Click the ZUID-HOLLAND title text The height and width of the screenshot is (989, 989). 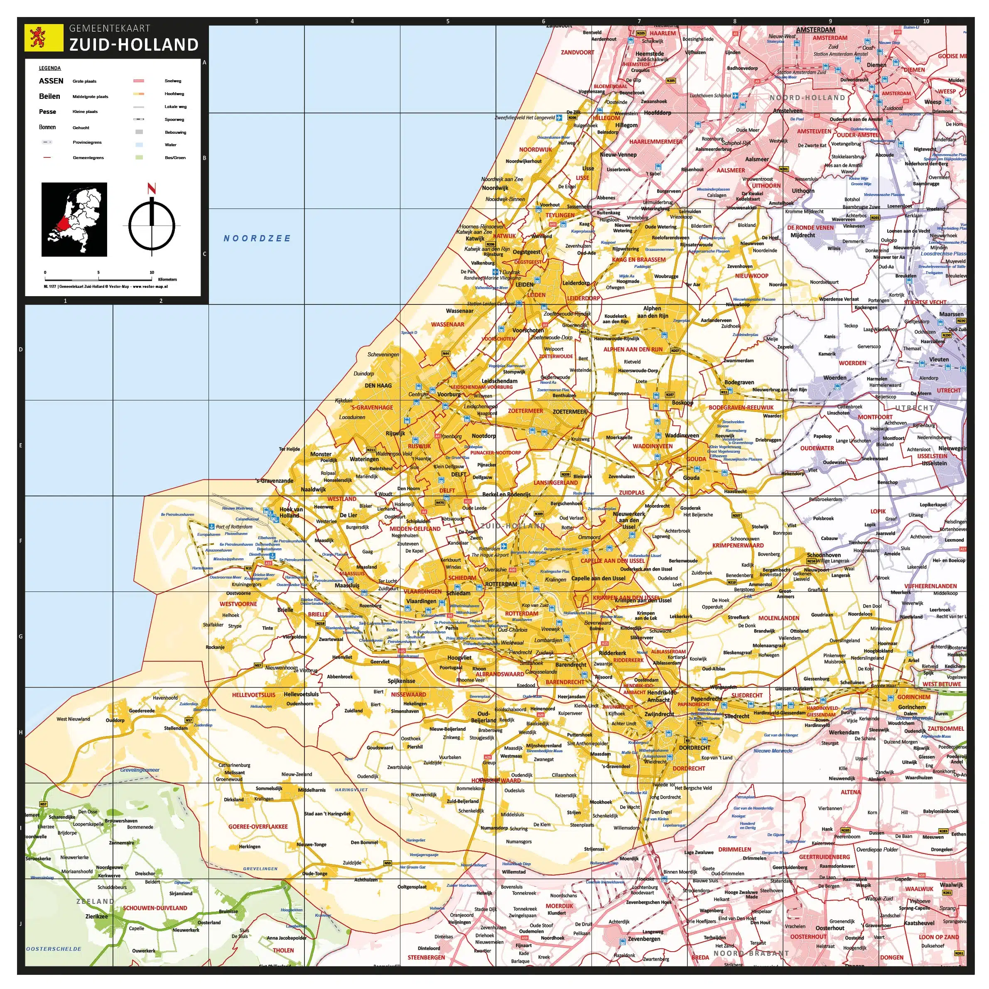pos(134,45)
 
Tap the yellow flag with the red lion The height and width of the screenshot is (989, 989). pos(37,38)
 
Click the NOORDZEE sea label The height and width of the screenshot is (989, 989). pos(257,238)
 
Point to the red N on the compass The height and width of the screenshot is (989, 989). pos(152,189)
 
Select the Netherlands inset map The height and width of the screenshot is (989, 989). pos(74,220)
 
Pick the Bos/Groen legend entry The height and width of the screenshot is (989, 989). pos(174,158)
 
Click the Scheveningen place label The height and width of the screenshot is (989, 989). pos(383,354)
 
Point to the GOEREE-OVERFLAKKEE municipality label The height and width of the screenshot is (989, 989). pos(258,827)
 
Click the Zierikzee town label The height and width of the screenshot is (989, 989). pos(97,916)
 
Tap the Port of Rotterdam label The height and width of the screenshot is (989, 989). pos(234,527)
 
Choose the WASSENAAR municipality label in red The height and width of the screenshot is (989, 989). pos(447,324)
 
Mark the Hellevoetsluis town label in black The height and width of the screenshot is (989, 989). pos(301,694)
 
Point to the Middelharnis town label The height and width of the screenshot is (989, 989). pos(312,790)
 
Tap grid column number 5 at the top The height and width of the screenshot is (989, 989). pos(448,22)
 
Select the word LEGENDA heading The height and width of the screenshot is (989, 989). pos(50,68)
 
